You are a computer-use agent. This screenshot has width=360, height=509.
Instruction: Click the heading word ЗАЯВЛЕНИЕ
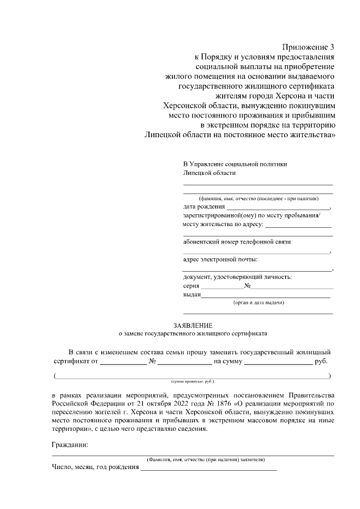click(193, 325)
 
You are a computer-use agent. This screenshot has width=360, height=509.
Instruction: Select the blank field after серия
click(223, 287)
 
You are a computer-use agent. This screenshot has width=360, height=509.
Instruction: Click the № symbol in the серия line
click(247, 286)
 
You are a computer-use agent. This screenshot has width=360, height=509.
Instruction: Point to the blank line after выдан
click(265, 295)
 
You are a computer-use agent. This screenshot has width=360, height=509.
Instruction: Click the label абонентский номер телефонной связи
click(236, 242)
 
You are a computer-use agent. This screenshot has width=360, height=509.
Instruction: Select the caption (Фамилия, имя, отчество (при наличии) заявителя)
click(205, 459)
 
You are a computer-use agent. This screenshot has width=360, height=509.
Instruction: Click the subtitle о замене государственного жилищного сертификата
click(193, 334)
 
